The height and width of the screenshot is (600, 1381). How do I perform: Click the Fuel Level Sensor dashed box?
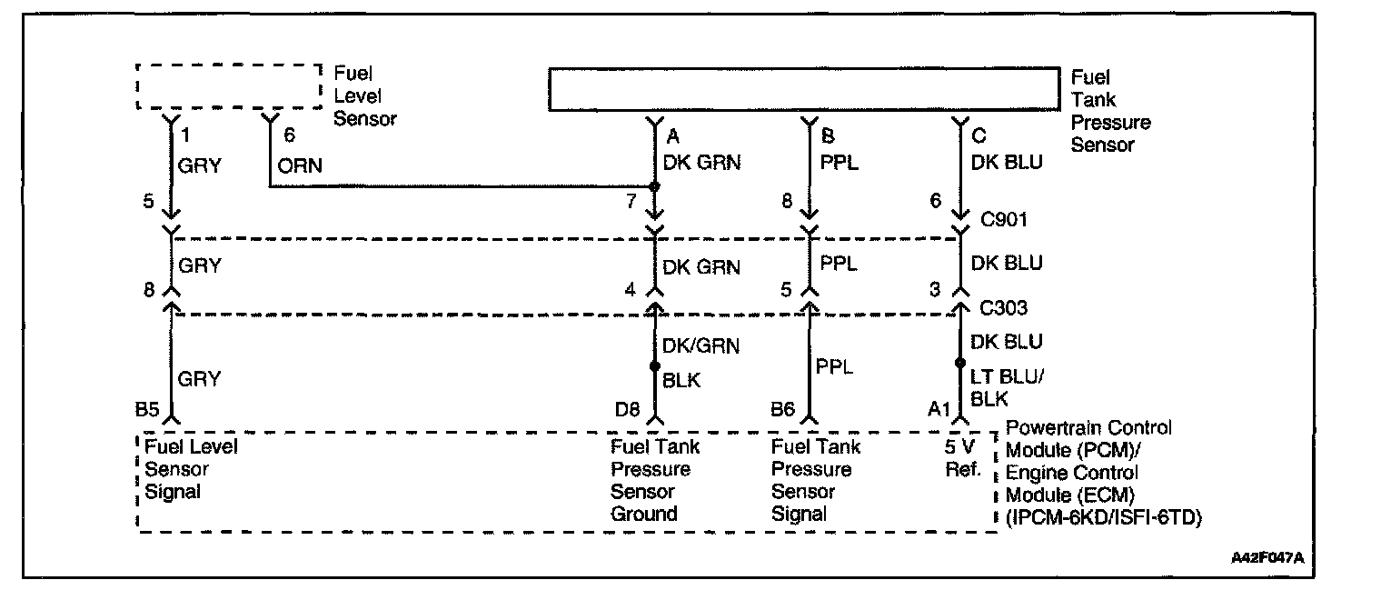click(x=229, y=87)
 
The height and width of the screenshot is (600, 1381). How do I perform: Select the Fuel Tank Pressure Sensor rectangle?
click(x=804, y=89)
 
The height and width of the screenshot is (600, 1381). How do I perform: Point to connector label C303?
click(x=1003, y=308)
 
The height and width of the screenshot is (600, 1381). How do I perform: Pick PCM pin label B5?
click(x=149, y=411)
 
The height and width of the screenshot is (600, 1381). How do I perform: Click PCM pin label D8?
click(x=628, y=411)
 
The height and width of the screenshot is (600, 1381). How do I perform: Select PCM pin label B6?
click(x=785, y=411)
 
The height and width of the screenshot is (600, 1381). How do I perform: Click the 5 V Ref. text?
click(x=961, y=458)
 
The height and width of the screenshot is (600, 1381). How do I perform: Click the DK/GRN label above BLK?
click(x=701, y=345)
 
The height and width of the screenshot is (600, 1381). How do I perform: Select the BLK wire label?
click(x=681, y=381)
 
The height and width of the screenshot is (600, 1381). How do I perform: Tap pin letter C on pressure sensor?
click(x=978, y=136)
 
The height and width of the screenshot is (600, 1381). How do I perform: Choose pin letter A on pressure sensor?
click(x=673, y=136)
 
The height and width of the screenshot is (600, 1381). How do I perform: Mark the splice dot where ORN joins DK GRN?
click(x=654, y=187)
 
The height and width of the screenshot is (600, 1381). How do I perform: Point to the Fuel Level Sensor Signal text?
click(x=191, y=469)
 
